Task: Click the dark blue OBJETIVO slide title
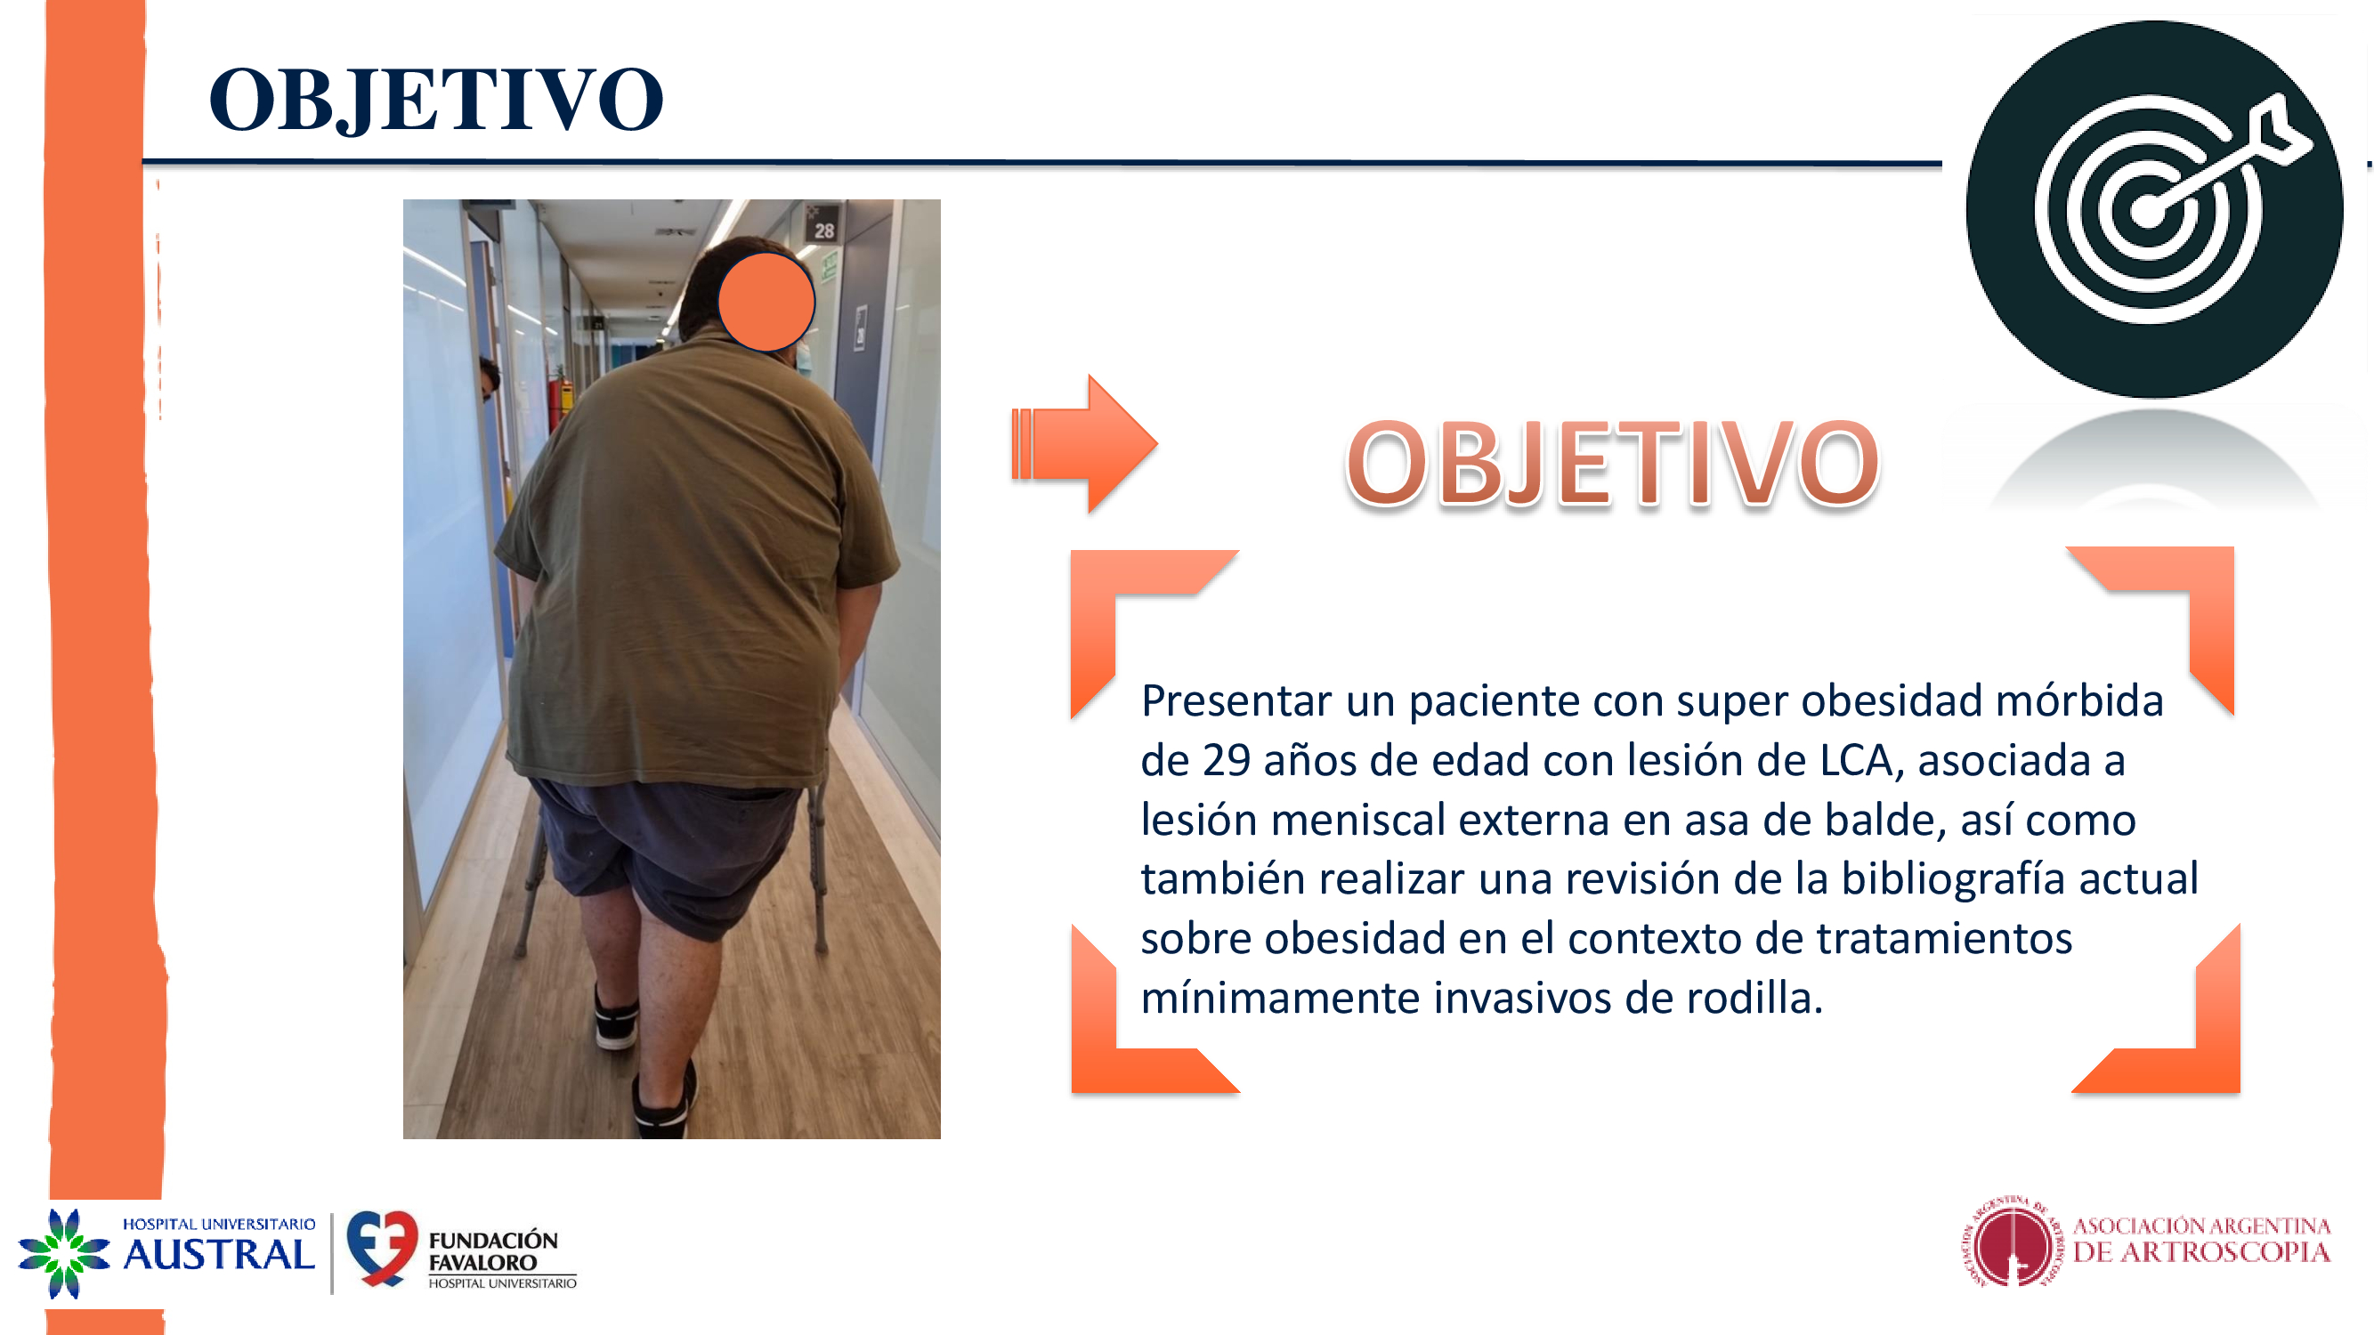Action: [436, 100]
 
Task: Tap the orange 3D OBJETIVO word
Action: [1612, 463]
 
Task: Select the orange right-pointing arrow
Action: [1085, 443]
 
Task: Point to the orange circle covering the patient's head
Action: [766, 303]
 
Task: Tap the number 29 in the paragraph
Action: [1226, 761]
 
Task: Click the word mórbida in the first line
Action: [2078, 701]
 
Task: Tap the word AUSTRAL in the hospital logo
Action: [219, 1256]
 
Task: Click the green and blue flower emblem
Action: [63, 1253]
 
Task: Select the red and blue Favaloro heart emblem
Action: [382, 1249]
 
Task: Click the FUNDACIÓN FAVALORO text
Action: [493, 1251]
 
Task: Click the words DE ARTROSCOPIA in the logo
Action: [2200, 1252]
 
